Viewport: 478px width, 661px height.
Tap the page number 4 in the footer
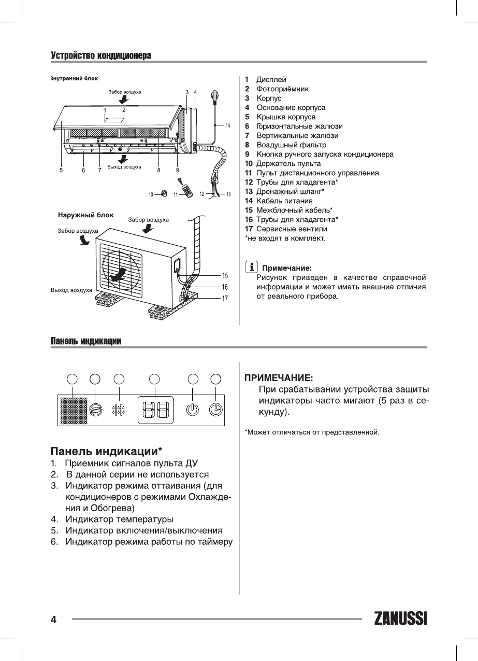(53, 620)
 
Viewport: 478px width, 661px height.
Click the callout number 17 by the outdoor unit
(225, 298)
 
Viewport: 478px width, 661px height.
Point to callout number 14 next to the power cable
(227, 125)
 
